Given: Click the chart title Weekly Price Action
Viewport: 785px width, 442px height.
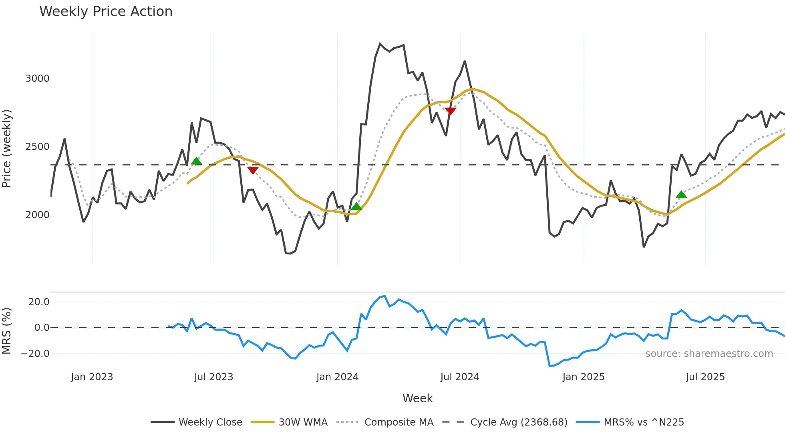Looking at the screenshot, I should [x=106, y=11].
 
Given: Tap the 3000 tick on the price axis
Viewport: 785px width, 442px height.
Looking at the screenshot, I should [x=37, y=78].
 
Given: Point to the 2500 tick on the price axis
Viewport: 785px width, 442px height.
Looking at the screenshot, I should [x=37, y=146].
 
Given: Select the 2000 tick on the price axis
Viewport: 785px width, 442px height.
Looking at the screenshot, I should [x=37, y=215].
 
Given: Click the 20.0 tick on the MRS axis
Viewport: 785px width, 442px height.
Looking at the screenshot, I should [x=39, y=302].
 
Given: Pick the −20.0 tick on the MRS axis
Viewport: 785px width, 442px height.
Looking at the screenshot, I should [x=35, y=353].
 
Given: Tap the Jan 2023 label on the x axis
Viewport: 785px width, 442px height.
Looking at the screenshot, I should [x=92, y=377].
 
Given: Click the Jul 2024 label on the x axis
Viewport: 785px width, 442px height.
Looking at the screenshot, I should [x=459, y=377].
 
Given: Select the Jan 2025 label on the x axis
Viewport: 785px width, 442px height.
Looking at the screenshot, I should [x=583, y=377].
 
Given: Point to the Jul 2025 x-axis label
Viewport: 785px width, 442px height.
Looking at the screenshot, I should [x=705, y=377].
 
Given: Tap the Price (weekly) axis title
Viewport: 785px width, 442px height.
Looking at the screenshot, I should [x=7, y=148].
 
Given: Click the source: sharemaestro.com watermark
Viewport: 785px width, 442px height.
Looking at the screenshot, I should [x=709, y=353].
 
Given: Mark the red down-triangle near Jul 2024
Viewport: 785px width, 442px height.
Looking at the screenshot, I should [x=451, y=111].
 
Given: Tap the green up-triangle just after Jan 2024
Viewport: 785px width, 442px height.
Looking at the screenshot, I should [x=356, y=207].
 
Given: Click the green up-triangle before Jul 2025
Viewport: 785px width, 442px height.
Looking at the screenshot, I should [x=681, y=195].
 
